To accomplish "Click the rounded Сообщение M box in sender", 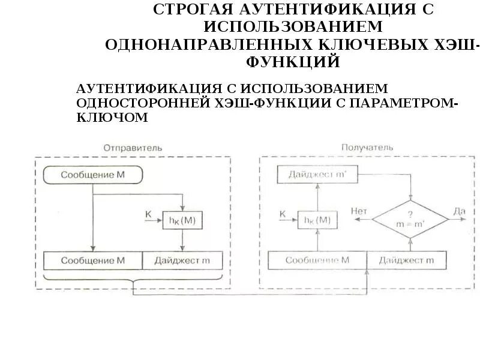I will coord(93,175).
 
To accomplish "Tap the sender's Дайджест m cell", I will coord(182,260).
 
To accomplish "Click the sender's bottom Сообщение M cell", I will coord(93,260).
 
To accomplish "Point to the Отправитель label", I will coord(133,147).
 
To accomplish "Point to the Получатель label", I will coord(367,147).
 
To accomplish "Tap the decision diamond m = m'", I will coord(410,220).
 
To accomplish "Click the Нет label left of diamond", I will coord(358,211).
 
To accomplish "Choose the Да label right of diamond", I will coord(460,211).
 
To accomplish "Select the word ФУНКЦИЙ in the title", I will coord(292,62).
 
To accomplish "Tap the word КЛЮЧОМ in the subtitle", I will coord(112,118).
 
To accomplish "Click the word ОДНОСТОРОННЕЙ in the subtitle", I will coord(141,103).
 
